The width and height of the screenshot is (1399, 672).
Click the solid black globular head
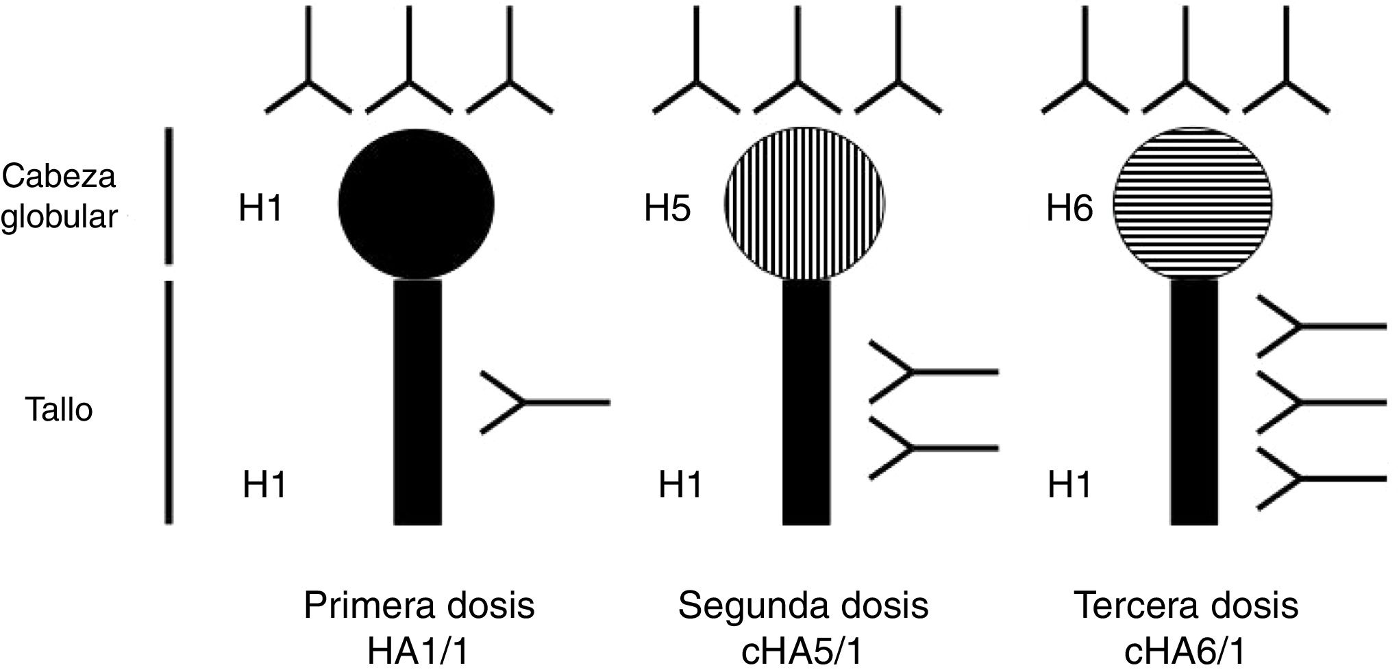click(417, 204)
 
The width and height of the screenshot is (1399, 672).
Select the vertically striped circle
click(805, 204)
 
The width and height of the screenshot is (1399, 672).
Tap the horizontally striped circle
click(1193, 204)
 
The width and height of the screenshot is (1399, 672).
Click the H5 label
click(667, 209)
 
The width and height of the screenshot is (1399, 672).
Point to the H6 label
click(1069, 209)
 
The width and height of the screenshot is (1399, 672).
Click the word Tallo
click(59, 410)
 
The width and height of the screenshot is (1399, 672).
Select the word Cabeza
click(59, 177)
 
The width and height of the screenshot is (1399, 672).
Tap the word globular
click(59, 218)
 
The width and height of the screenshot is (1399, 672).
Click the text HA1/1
click(418, 651)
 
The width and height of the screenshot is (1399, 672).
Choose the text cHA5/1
click(802, 651)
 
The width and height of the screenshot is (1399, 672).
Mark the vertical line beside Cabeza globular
click(169, 196)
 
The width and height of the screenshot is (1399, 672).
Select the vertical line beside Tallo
click(169, 403)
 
